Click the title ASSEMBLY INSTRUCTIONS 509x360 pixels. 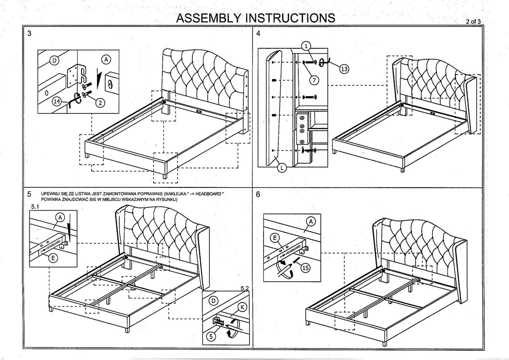(x=255, y=18)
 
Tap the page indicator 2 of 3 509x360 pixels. (x=473, y=21)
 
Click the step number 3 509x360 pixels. (x=30, y=34)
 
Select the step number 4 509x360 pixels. (x=259, y=34)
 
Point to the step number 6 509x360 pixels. (x=259, y=194)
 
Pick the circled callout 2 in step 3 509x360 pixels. (x=100, y=102)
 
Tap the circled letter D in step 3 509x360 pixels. (x=54, y=61)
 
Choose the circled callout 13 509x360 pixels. (x=344, y=69)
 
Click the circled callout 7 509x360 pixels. (x=314, y=80)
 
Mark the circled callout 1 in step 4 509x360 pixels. (x=306, y=46)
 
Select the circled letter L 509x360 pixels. (x=282, y=167)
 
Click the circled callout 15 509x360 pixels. (x=306, y=268)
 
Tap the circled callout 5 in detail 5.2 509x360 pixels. (x=211, y=336)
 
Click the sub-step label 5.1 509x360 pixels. (x=35, y=206)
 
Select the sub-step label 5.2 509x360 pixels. (x=244, y=288)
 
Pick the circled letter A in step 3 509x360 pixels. (x=106, y=59)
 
